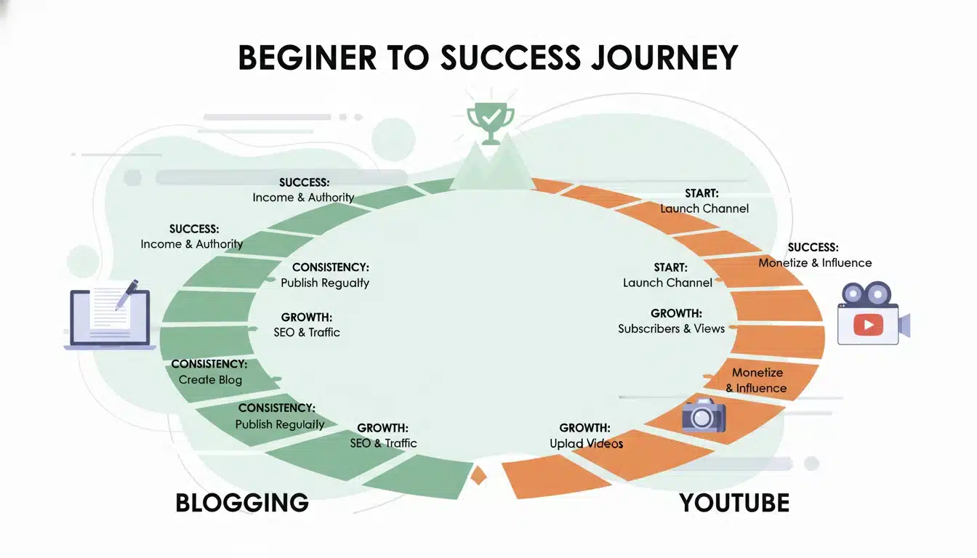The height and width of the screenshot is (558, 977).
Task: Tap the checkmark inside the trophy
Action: (x=491, y=116)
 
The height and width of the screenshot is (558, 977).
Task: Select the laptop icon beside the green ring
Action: (x=110, y=318)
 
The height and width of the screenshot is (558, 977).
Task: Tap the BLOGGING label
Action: (x=242, y=503)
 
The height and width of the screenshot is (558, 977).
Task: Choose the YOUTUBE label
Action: (x=734, y=503)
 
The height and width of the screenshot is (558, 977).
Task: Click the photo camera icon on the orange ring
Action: (x=703, y=416)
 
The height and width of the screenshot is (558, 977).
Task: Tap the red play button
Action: (x=868, y=324)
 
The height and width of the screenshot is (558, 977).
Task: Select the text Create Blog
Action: (x=210, y=379)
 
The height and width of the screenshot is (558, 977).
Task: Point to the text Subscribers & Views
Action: (x=671, y=328)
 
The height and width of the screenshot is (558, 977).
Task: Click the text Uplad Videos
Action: (x=586, y=443)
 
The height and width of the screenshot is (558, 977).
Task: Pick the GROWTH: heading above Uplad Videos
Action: (x=584, y=428)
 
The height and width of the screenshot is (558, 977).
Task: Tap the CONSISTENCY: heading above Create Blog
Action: (x=209, y=364)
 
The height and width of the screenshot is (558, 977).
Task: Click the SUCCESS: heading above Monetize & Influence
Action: (x=813, y=248)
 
